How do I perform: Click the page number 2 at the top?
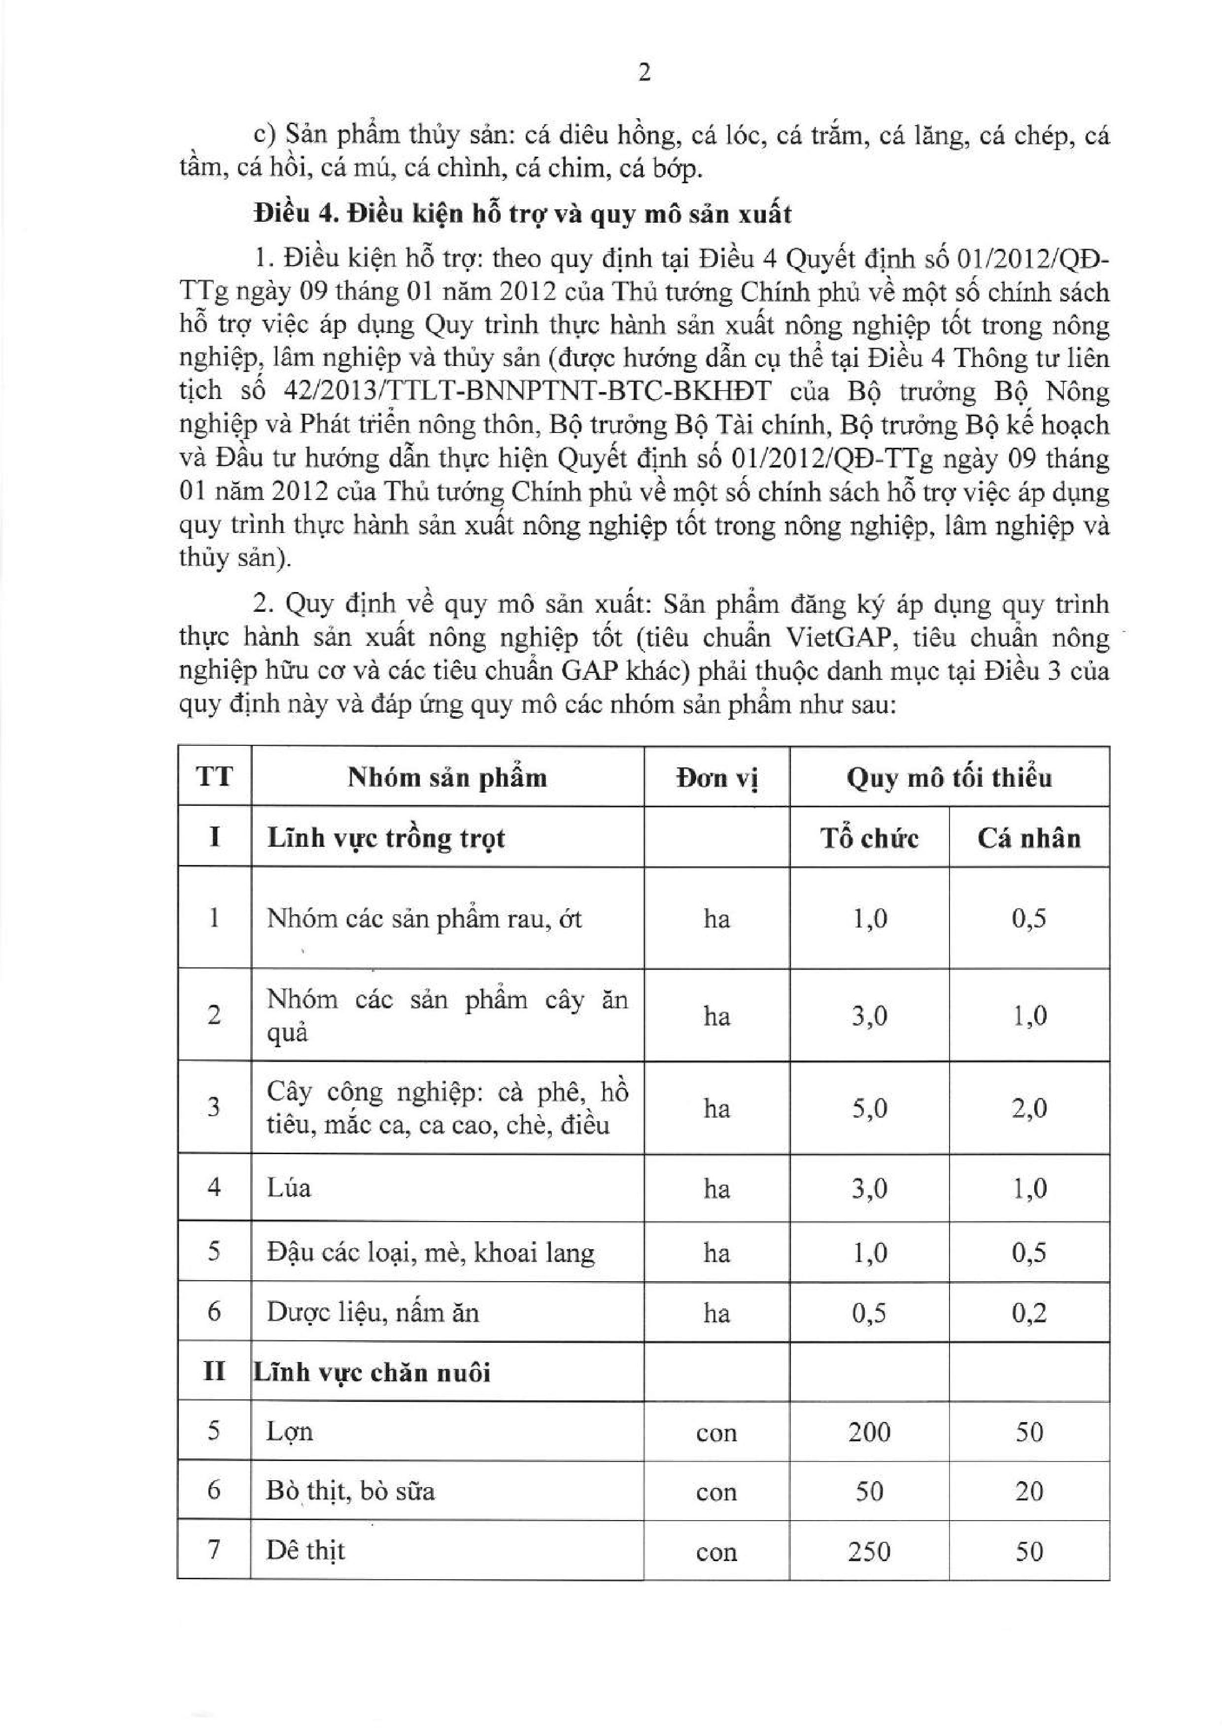[x=644, y=73]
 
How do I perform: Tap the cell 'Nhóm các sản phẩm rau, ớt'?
[x=424, y=918]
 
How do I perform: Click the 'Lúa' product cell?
[x=288, y=1188]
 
